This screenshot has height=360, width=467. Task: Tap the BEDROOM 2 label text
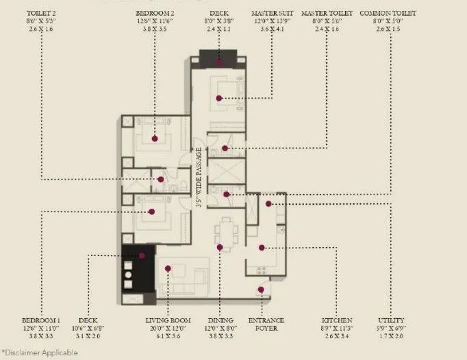click(x=155, y=13)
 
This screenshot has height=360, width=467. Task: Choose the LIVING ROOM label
click(x=167, y=320)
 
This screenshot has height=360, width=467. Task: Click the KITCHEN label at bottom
click(x=338, y=320)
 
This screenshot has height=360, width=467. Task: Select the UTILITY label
click(x=391, y=320)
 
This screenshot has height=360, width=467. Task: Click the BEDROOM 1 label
click(x=41, y=320)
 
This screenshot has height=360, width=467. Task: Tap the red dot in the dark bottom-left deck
click(x=142, y=256)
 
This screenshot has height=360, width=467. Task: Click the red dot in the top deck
click(x=219, y=62)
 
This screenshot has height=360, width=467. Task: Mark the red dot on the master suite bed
click(x=219, y=99)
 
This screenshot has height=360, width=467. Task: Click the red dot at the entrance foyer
click(x=262, y=290)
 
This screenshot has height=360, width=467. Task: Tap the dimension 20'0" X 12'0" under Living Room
click(x=167, y=329)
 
